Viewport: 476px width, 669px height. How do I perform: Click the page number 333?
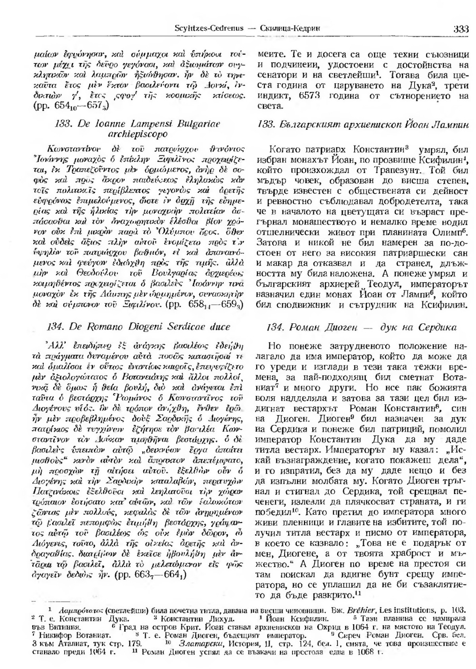461,29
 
